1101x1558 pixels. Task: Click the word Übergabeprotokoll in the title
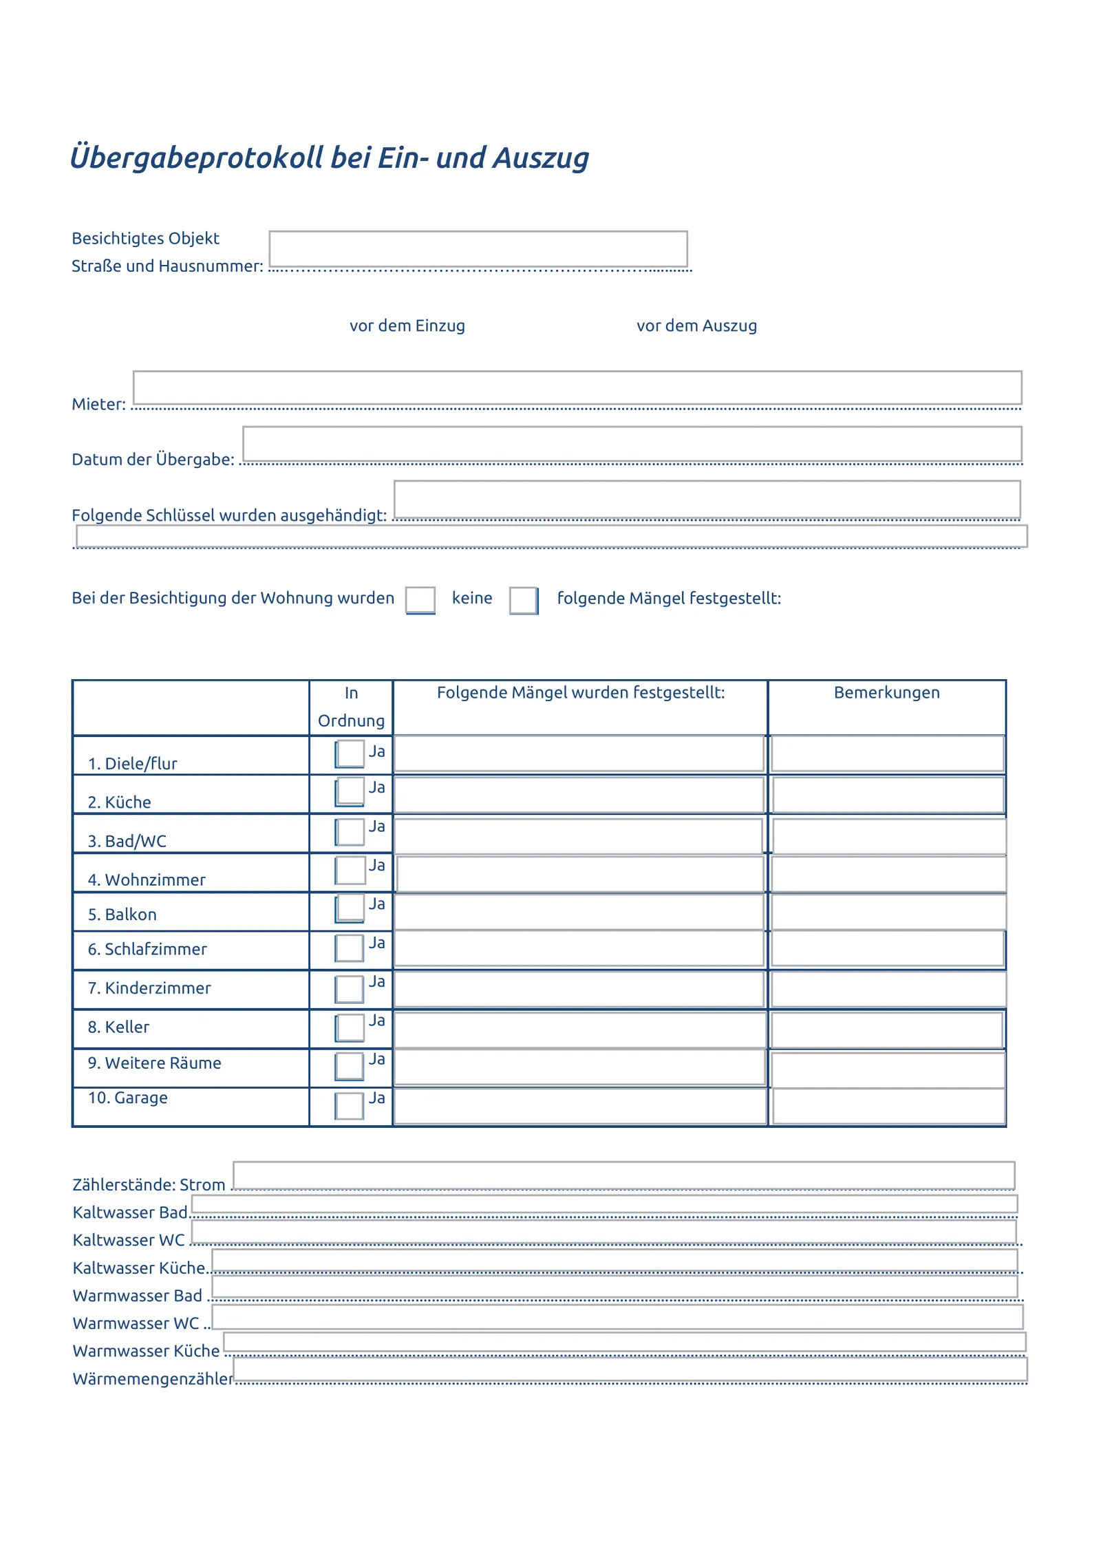[196, 158]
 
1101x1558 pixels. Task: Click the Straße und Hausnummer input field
[478, 248]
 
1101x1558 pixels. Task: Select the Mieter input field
[577, 387]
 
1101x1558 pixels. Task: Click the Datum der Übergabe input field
[632, 443]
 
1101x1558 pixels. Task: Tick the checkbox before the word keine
[420, 599]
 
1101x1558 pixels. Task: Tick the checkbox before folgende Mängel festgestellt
[523, 600]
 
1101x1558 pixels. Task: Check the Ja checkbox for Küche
[350, 791]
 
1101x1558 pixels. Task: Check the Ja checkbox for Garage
[349, 1105]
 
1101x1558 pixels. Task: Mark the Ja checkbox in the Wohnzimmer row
[350, 870]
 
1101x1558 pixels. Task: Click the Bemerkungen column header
[886, 692]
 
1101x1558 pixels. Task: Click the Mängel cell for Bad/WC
[578, 835]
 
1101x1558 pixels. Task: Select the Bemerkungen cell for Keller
[886, 1029]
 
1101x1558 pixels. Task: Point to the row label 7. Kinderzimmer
[149, 988]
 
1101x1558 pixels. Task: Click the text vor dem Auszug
[696, 326]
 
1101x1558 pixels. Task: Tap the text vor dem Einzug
[407, 326]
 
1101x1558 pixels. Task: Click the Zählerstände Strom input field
[623, 1175]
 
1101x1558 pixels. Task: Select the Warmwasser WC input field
[617, 1317]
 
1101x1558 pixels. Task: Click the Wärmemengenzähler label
[152, 1378]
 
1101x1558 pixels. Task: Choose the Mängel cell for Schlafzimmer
[578, 949]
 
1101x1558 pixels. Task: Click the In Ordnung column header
[351, 707]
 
